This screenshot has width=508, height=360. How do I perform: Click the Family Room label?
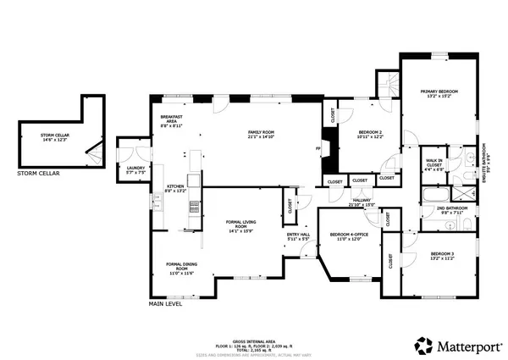(262, 135)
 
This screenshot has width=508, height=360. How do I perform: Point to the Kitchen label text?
(175, 188)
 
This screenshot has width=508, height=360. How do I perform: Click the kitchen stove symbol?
(194, 206)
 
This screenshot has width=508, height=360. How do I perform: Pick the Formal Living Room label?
(241, 225)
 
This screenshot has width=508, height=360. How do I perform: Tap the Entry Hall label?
(298, 237)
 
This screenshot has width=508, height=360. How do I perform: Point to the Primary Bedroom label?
(439, 92)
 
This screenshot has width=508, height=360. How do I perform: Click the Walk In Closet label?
(433, 163)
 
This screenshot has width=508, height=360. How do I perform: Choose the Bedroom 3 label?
(442, 257)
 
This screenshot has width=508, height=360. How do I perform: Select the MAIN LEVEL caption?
(167, 303)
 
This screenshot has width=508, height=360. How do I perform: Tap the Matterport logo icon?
(421, 346)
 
